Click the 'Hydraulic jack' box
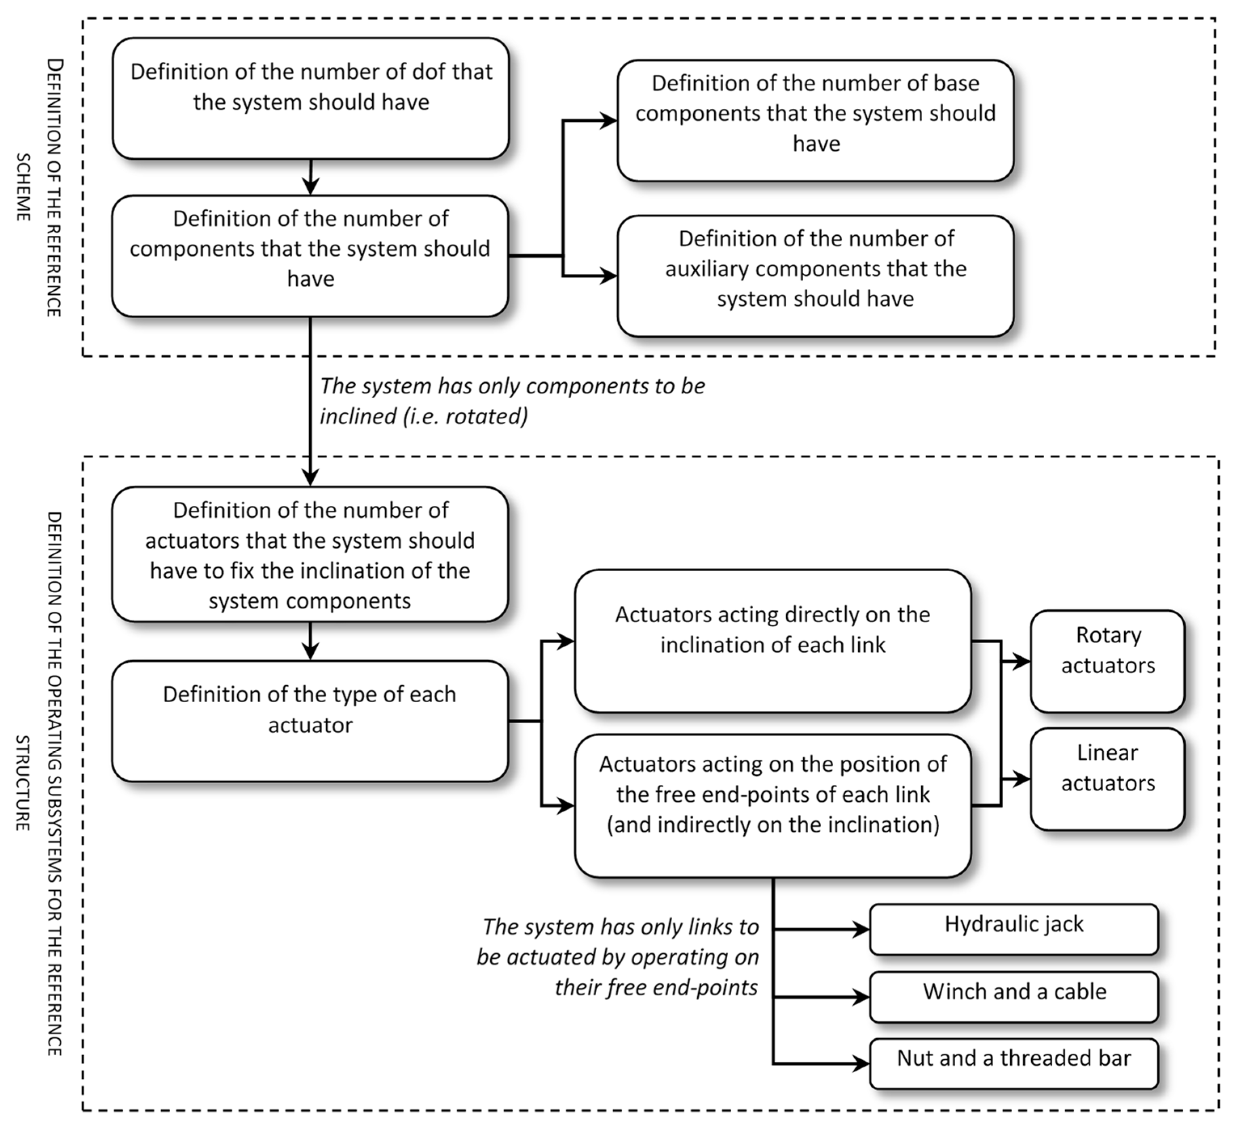pos(1014,930)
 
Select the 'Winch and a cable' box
pos(1014,997)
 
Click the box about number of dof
pos(311,99)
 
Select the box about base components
pos(816,120)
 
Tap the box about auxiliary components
pos(816,276)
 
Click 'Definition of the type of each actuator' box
pos(310,721)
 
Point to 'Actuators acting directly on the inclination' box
pos(773,641)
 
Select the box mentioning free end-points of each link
pos(773,806)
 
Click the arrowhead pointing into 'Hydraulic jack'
pos(861,930)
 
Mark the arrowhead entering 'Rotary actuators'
pos(1022,661)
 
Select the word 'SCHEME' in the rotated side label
pos(23,187)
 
